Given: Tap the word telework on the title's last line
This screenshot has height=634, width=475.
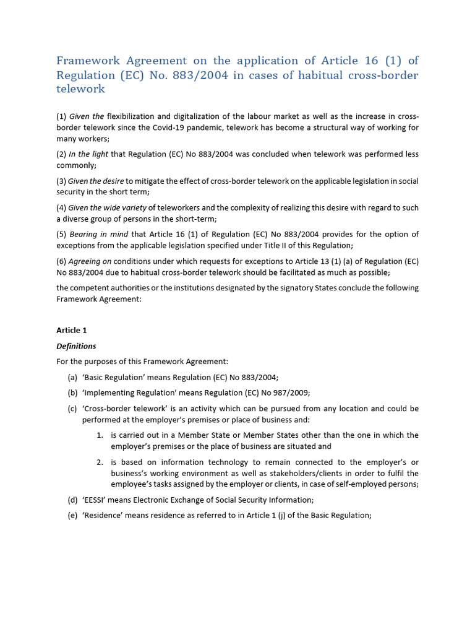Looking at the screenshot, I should pos(80,89).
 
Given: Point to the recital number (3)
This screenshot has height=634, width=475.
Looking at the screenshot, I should pos(61,181).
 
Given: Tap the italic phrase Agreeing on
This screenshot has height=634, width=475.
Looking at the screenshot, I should pos(90,261).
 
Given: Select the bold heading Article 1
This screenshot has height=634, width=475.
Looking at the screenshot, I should pos(71,330).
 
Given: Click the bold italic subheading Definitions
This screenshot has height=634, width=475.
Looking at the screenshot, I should pos(76,346).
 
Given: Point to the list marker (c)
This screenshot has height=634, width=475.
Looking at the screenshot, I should pos(72,409).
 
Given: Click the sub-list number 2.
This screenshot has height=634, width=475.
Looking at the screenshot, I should pos(100,462).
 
